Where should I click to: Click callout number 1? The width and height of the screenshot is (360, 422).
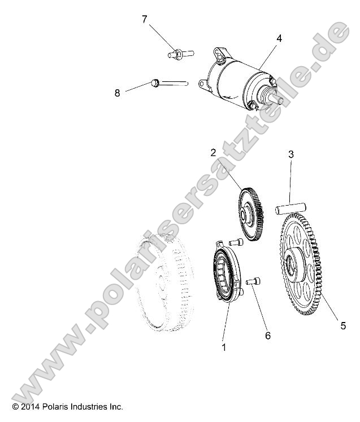224,347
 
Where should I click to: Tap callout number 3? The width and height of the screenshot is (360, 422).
291,154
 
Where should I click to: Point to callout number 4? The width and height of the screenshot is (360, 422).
279,38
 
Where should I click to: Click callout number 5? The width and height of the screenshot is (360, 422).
342,325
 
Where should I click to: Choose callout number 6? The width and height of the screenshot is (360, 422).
267,336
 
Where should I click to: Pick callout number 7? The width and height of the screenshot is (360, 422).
145,20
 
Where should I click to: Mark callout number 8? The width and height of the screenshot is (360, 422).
118,93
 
